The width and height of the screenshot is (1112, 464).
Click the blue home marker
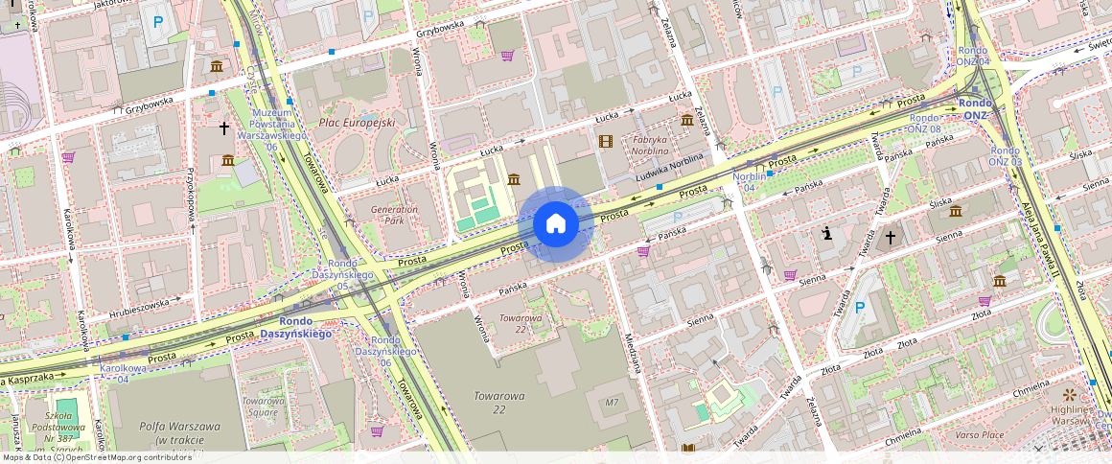coord(555,225)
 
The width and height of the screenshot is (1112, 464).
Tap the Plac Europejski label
coord(357,123)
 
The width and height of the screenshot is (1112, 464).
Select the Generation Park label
coord(394,215)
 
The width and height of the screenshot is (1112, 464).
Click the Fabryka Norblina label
coord(650,145)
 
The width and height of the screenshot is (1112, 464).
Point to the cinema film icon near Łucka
coord(605,142)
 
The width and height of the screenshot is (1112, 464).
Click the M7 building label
coord(612,402)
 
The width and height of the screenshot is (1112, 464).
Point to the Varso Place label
coord(979,434)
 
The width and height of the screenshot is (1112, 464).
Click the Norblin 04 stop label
coord(749,182)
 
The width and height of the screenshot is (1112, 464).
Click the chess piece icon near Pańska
coord(826,232)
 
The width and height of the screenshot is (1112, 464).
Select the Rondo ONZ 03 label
coord(1005,156)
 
